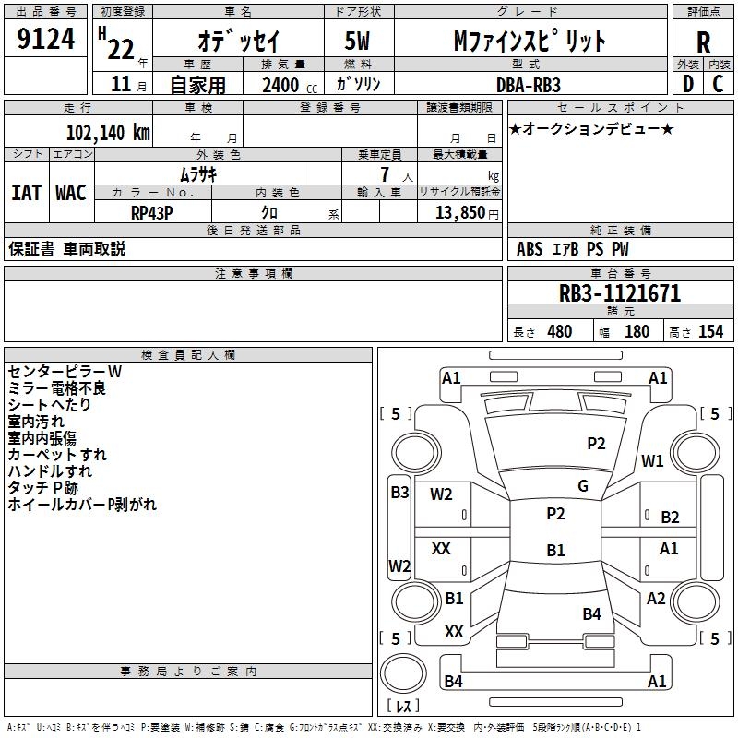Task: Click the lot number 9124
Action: (45, 39)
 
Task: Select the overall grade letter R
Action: (703, 42)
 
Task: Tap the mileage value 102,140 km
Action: (108, 133)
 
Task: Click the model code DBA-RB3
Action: (529, 85)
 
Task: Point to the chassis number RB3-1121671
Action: (620, 293)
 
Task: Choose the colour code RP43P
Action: (152, 213)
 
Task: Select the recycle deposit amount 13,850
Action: (459, 213)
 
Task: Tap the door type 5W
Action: (357, 41)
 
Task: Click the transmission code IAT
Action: (27, 193)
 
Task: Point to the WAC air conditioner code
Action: (71, 193)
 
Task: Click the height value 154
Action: (710, 331)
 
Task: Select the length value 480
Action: (560, 331)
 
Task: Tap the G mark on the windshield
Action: (583, 486)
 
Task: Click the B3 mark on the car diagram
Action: (399, 493)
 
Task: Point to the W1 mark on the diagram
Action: (652, 461)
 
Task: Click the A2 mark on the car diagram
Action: (656, 599)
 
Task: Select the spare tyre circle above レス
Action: (403, 673)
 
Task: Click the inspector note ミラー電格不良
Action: (57, 388)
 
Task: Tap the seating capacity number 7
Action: (385, 174)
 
